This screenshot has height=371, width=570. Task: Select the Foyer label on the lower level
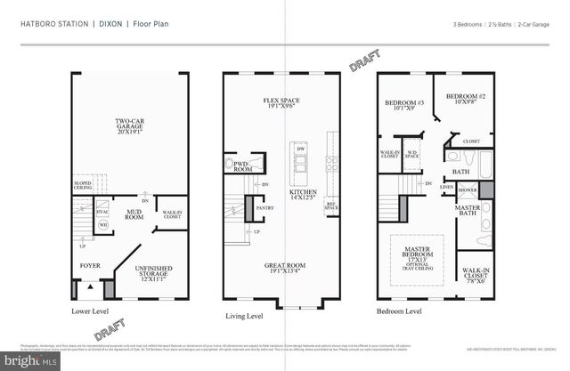[91, 264]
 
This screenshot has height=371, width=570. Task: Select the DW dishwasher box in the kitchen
[300, 149]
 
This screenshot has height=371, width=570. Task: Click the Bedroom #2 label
[466, 97]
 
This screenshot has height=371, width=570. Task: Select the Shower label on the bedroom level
[468, 190]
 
